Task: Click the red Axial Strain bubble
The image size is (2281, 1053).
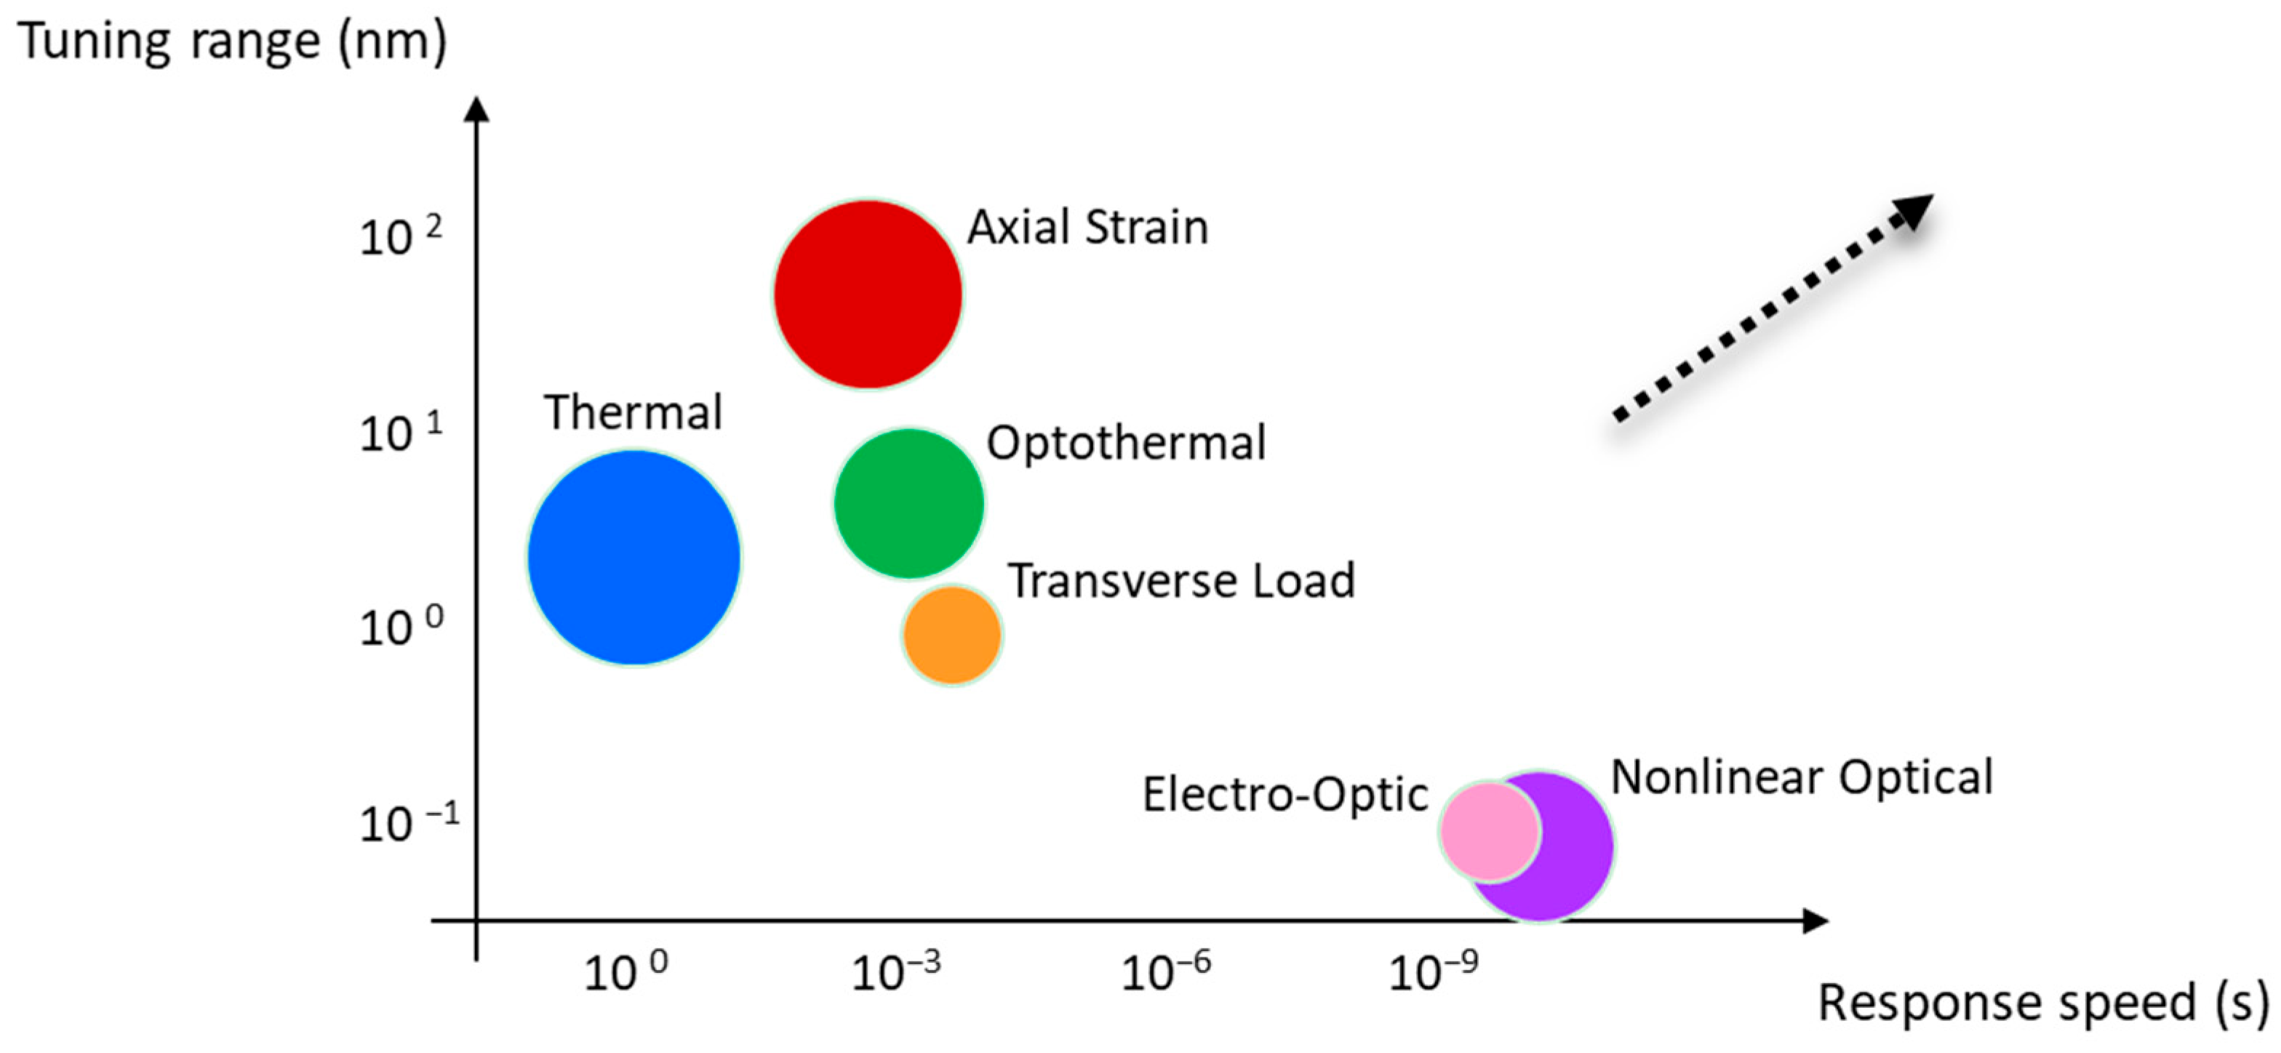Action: coord(868,294)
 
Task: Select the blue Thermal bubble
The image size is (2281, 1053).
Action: coord(634,557)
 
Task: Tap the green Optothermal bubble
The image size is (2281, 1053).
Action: coord(909,503)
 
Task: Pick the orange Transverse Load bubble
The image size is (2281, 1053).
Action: coord(952,634)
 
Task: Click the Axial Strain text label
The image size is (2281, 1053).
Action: coord(1087,227)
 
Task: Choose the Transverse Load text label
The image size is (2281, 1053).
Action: coord(1181,581)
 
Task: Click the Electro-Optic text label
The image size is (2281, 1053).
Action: coord(1285,793)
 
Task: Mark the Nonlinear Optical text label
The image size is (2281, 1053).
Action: coord(1802,777)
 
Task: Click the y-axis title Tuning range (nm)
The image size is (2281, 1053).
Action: coord(232,41)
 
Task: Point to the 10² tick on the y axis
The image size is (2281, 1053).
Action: coord(399,236)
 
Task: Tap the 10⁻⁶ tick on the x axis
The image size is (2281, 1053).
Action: coord(1165,972)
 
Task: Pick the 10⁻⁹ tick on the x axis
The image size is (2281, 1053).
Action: coord(1434,972)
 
